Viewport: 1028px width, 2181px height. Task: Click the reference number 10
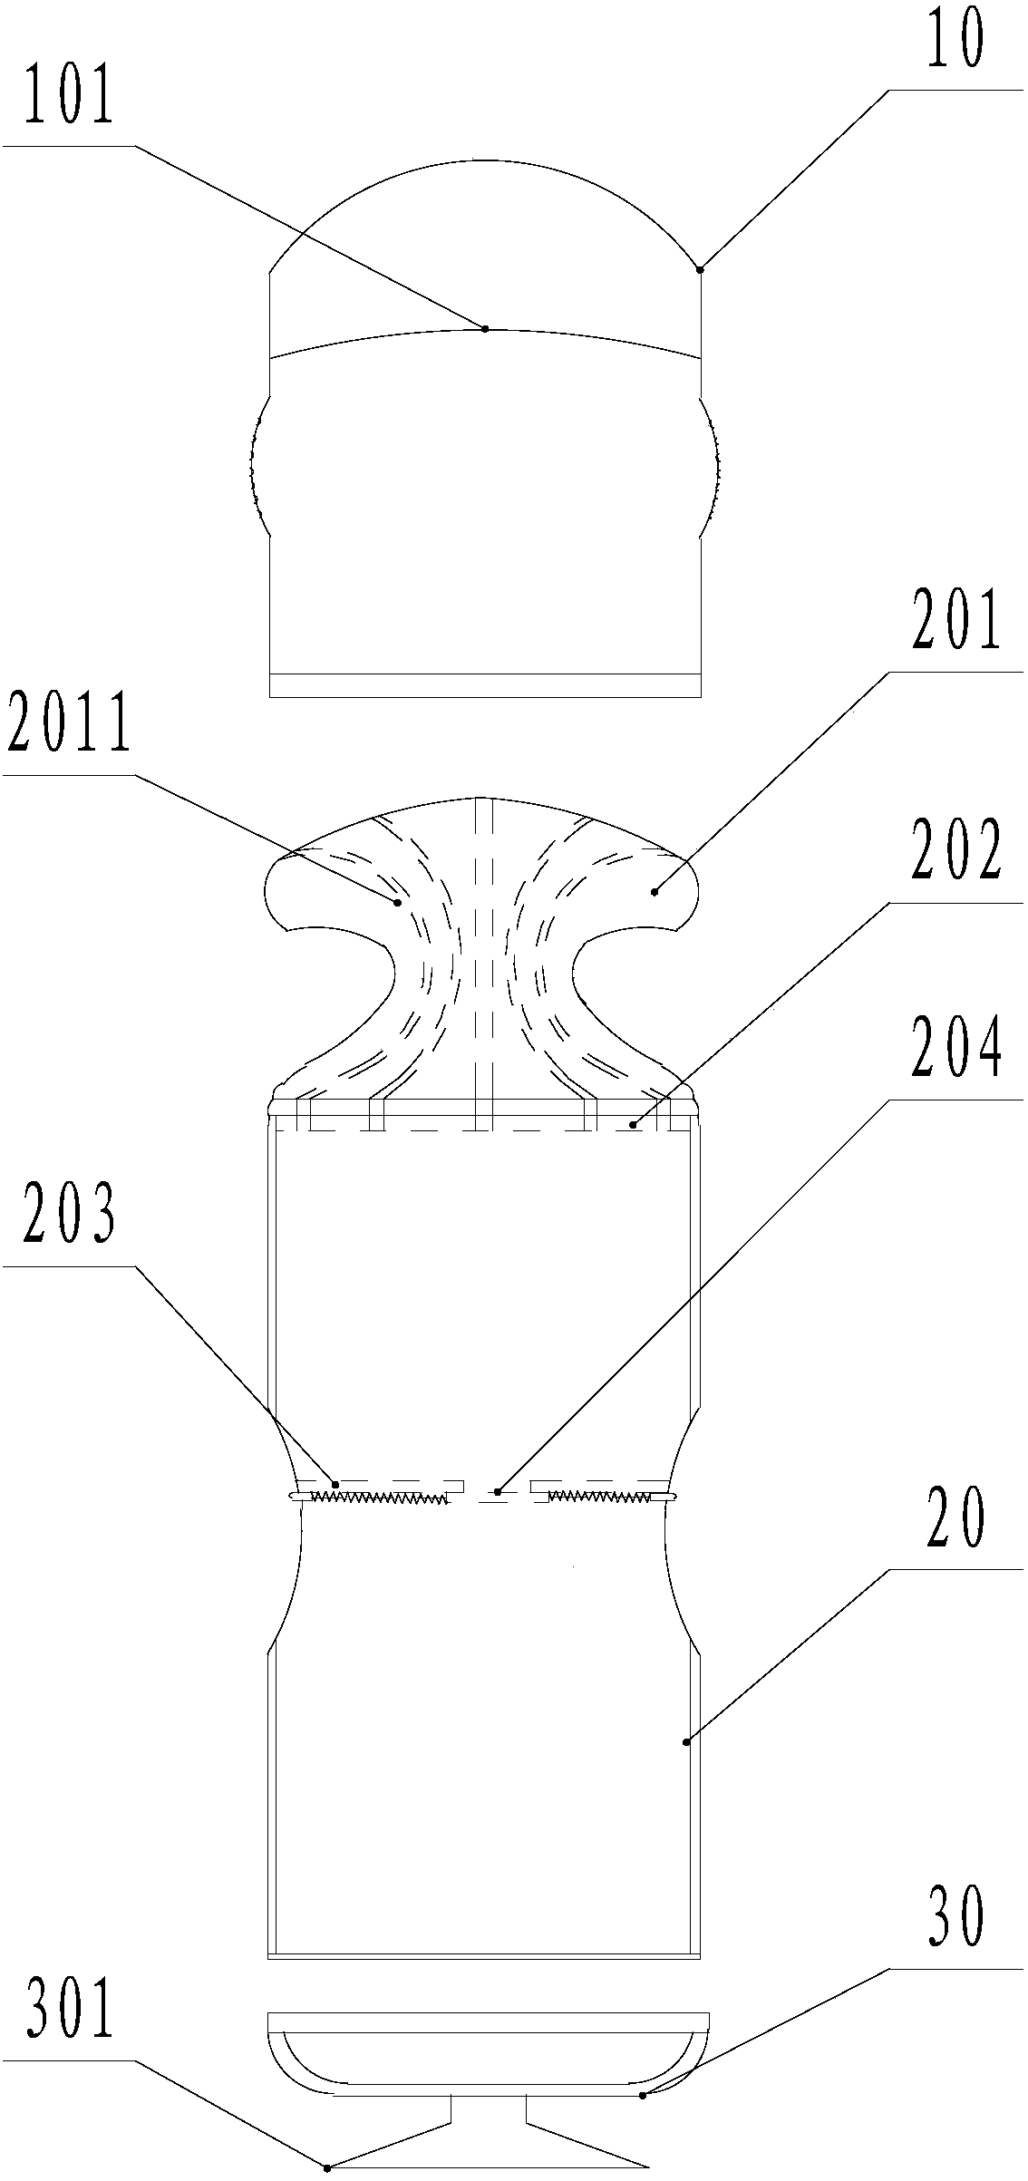[953, 43]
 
